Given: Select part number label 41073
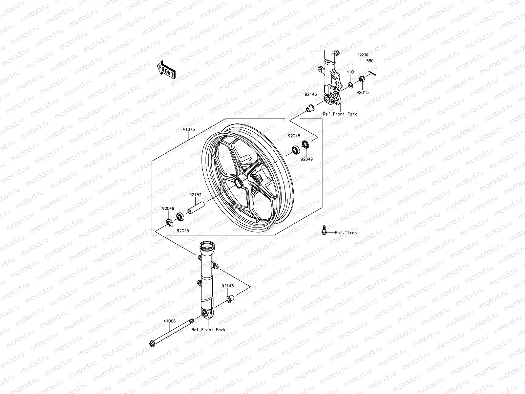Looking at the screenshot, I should click(x=189, y=129).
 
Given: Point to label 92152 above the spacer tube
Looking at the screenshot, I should click(x=195, y=195).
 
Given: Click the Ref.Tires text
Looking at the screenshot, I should click(x=346, y=233).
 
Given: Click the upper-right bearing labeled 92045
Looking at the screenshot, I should click(x=296, y=150).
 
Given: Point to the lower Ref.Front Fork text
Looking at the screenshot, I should click(x=208, y=330).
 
